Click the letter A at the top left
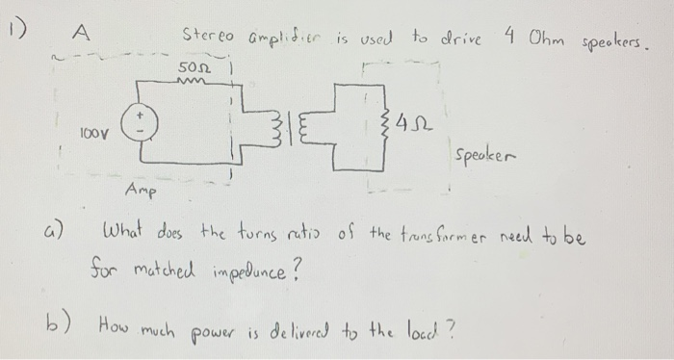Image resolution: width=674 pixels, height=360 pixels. (x=83, y=33)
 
